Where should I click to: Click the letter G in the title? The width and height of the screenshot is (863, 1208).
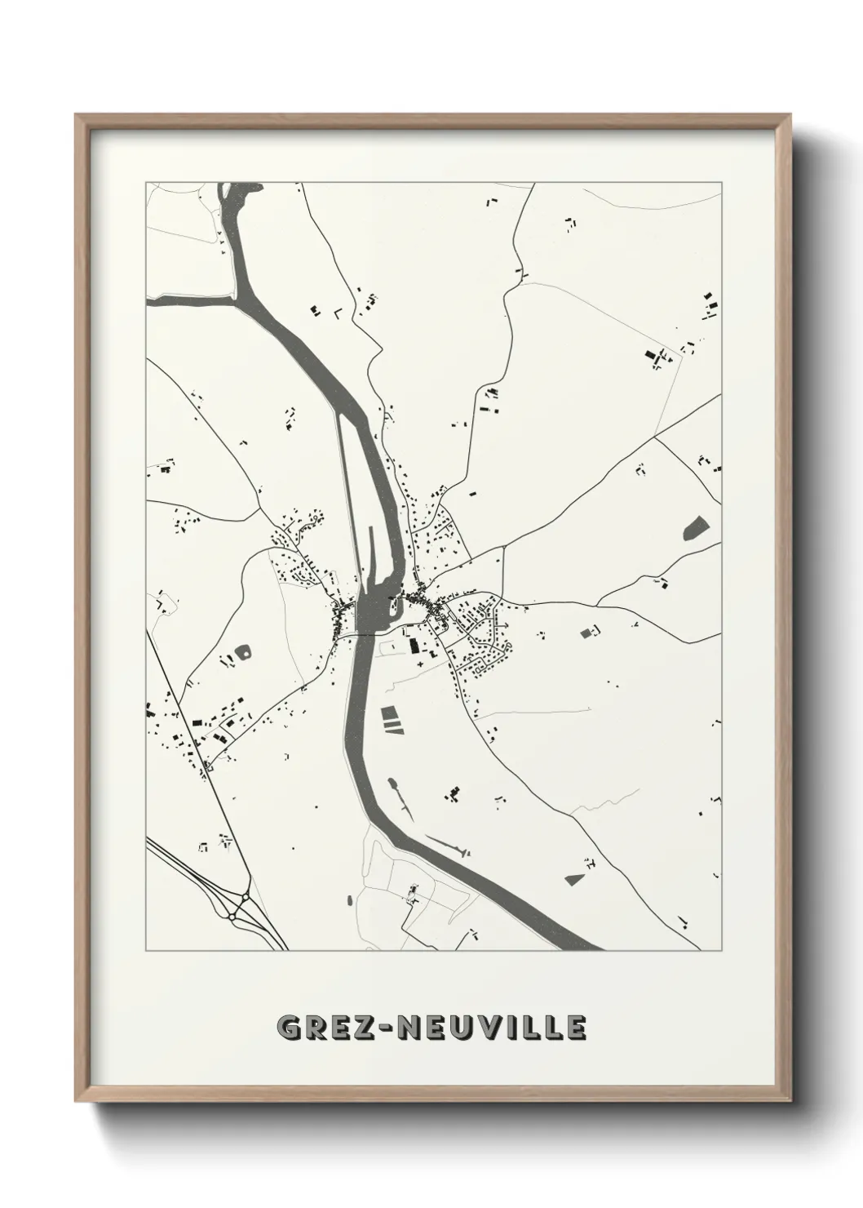[290, 1028]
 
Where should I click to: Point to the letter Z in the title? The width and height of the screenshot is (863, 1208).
[359, 1028]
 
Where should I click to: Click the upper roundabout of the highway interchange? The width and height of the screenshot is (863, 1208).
[243, 897]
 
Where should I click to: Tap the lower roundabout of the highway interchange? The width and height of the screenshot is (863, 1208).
[232, 918]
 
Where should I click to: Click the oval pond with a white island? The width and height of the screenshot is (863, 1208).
[242, 652]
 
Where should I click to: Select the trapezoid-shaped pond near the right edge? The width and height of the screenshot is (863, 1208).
[694, 528]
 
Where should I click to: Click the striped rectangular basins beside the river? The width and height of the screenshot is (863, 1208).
[392, 717]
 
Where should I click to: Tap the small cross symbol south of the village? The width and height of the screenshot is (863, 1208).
[421, 667]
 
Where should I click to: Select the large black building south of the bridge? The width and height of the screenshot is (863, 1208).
[413, 646]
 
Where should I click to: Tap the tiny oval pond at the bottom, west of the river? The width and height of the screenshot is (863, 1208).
[350, 901]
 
